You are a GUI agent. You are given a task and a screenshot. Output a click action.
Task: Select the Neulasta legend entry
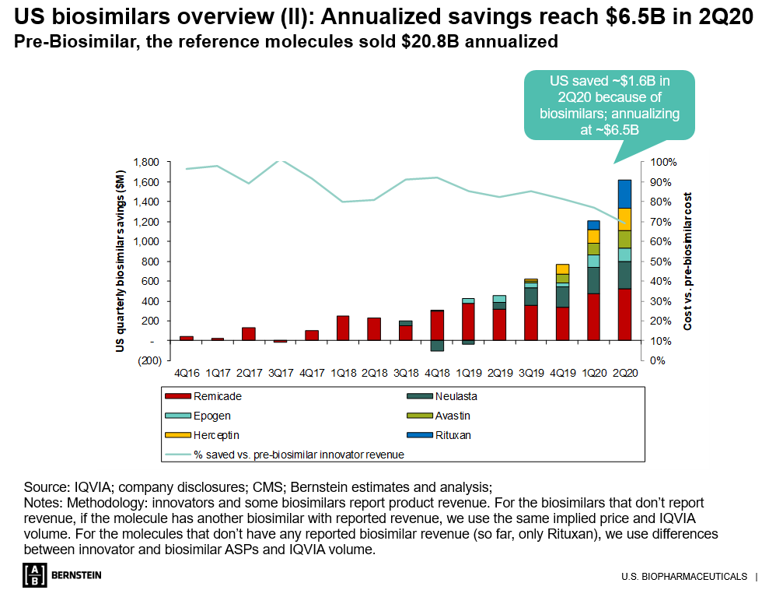(456, 396)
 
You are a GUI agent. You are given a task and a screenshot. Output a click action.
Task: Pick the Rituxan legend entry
(453, 435)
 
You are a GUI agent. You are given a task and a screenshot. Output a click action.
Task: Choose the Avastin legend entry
(453, 416)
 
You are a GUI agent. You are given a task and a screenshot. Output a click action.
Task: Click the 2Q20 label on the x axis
(624, 373)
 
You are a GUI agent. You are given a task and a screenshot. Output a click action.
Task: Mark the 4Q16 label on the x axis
(186, 373)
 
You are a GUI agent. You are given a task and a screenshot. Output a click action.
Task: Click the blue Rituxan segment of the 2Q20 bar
(624, 194)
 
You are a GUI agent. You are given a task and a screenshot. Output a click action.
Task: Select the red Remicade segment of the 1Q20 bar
(592, 317)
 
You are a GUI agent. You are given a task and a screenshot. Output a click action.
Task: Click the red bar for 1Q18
(342, 328)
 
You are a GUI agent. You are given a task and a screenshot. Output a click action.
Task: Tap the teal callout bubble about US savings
(609, 105)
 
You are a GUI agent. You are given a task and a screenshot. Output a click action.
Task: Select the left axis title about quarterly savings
(121, 261)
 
